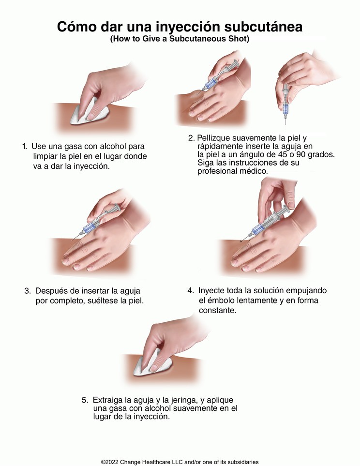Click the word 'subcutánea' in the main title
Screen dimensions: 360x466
click(x=263, y=27)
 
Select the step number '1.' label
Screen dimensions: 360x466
click(x=25, y=146)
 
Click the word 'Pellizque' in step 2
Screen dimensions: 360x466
click(x=213, y=138)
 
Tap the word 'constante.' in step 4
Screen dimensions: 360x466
click(x=218, y=310)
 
